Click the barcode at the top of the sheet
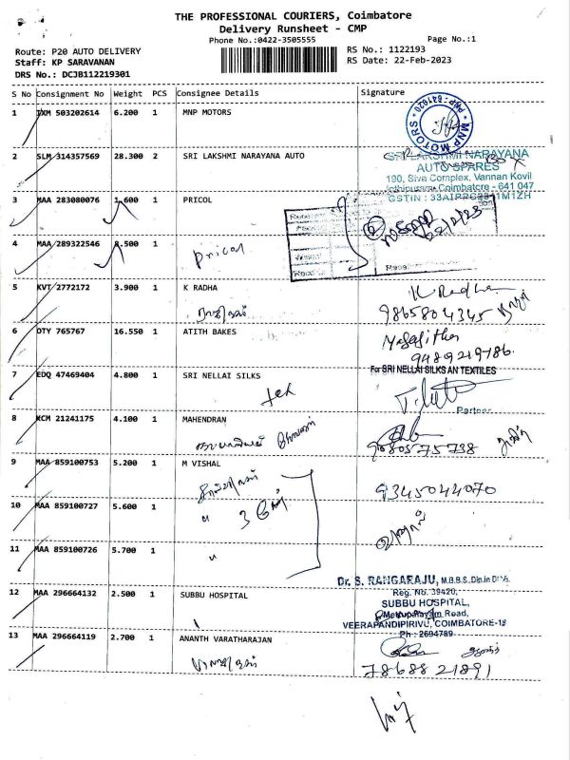click(280, 59)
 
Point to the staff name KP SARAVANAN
click(82, 61)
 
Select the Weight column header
click(128, 94)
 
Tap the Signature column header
click(383, 93)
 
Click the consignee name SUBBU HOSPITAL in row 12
click(216, 596)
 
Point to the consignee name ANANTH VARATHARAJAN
click(227, 639)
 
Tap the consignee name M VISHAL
click(201, 463)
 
